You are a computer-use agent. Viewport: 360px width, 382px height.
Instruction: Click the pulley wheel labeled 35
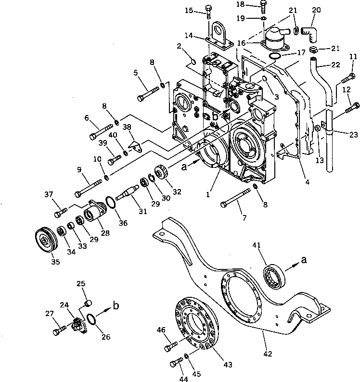47,239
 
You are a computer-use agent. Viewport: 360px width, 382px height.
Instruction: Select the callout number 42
268,354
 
